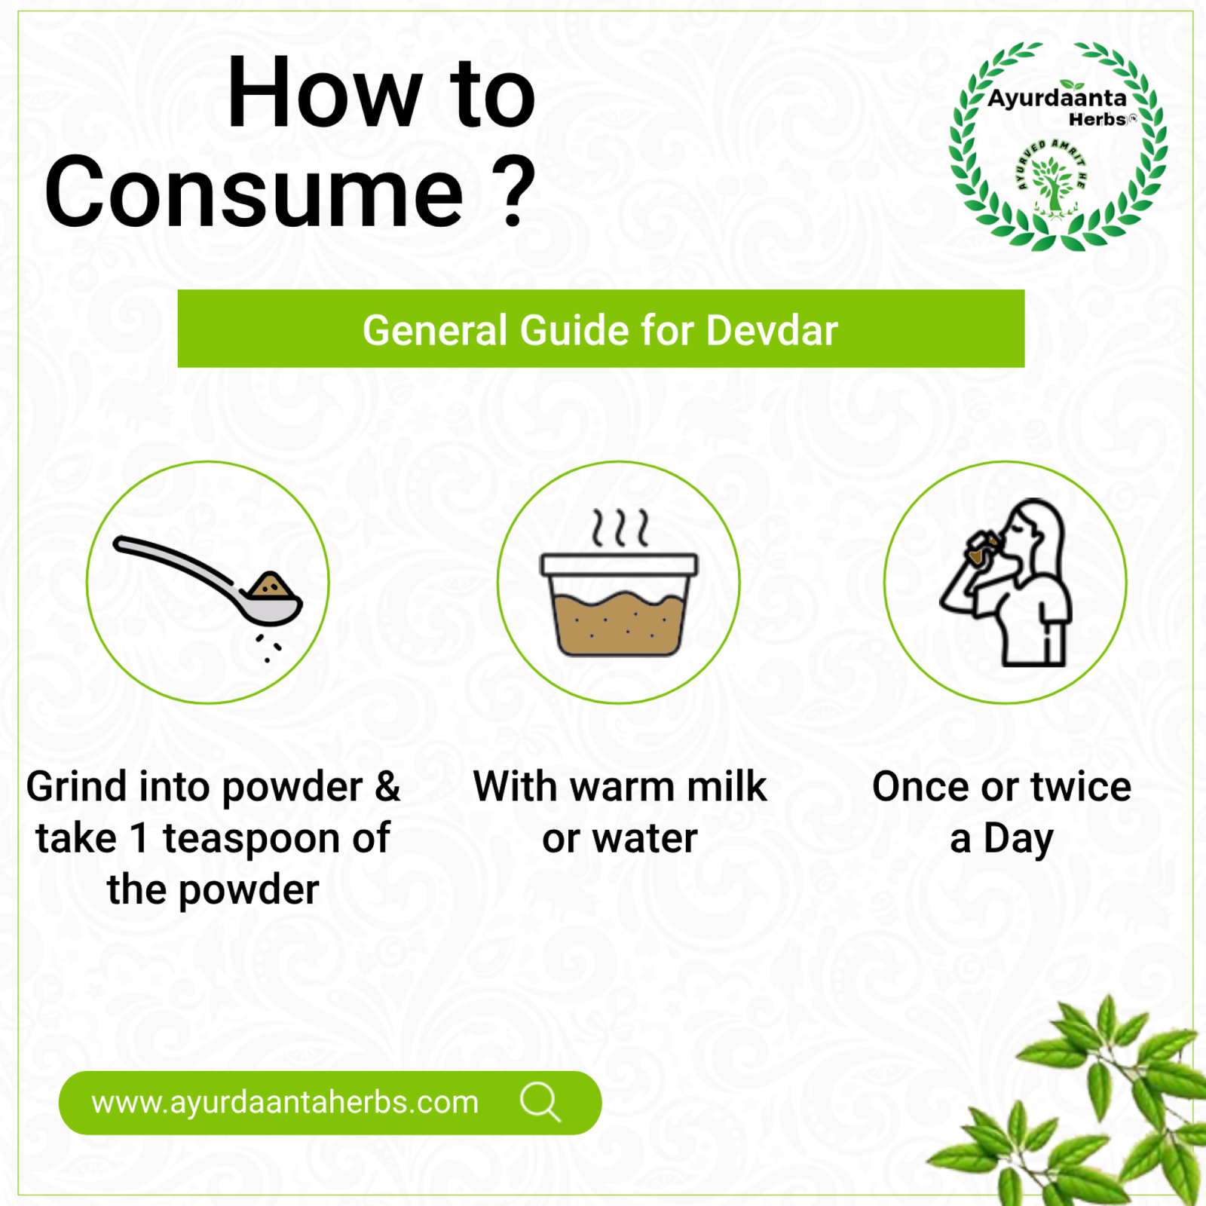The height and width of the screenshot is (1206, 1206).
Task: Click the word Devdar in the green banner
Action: tap(772, 330)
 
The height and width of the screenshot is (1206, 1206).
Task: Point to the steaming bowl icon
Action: tap(619, 583)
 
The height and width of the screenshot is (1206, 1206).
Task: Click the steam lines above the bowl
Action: tap(620, 527)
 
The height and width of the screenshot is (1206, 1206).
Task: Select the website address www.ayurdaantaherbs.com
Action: tap(285, 1103)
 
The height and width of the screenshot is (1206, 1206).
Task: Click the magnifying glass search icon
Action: tap(540, 1103)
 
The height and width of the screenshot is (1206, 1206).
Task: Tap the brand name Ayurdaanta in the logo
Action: tap(1057, 98)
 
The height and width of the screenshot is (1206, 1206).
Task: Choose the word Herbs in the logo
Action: tap(1097, 119)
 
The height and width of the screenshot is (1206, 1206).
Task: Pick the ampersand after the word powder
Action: tap(387, 787)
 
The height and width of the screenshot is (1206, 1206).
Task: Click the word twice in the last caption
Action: tap(1081, 787)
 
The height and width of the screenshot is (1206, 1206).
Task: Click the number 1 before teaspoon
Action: tap(139, 838)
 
